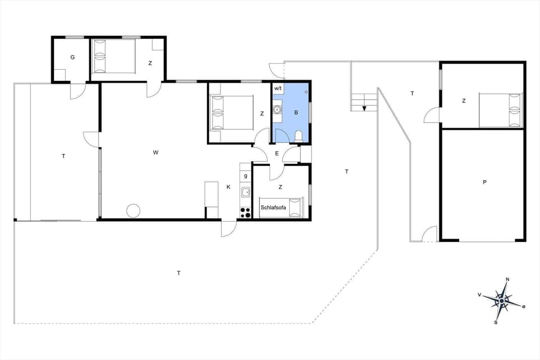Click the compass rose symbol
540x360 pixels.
coord(502,301)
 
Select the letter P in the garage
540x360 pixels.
coord(484,182)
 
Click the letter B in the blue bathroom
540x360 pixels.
coord(296,112)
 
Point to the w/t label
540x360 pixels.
coord(278,89)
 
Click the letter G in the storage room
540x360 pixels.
coord(73,57)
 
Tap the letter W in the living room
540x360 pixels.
coord(156,152)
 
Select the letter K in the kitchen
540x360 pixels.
coord(228,187)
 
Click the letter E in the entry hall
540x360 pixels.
coord(277,153)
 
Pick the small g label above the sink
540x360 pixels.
coord(246,176)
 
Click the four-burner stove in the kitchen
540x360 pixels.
coord(246,212)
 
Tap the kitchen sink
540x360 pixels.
coord(246,193)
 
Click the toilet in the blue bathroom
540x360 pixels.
coord(298,136)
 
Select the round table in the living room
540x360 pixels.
coord(133,210)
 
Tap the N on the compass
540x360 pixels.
coord(507,280)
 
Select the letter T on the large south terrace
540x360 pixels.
coord(178,273)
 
